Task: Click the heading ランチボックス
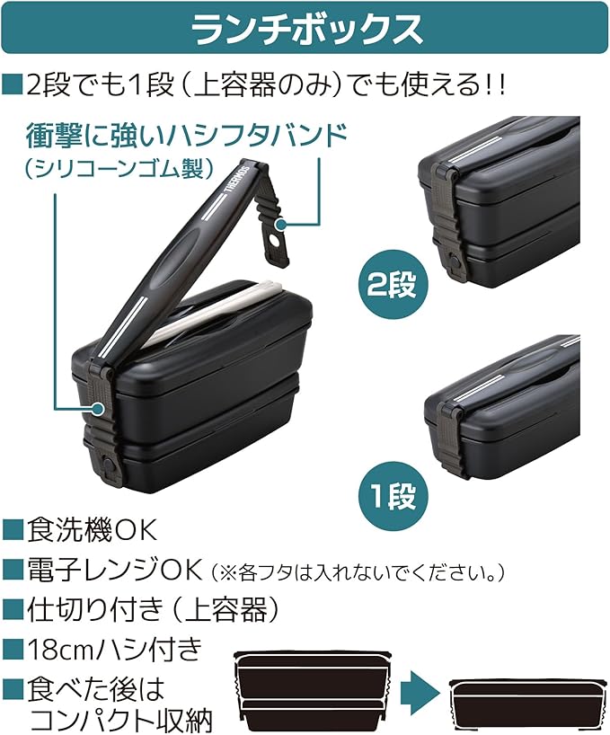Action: (305, 30)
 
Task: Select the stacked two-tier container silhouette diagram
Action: (312, 689)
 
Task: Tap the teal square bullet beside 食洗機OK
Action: (13, 530)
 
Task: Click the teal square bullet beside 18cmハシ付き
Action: (13, 650)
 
